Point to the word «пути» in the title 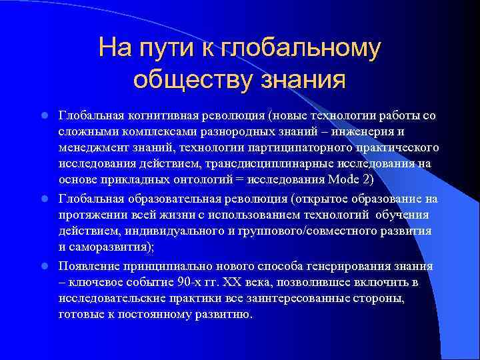167,48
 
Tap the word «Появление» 91,266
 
